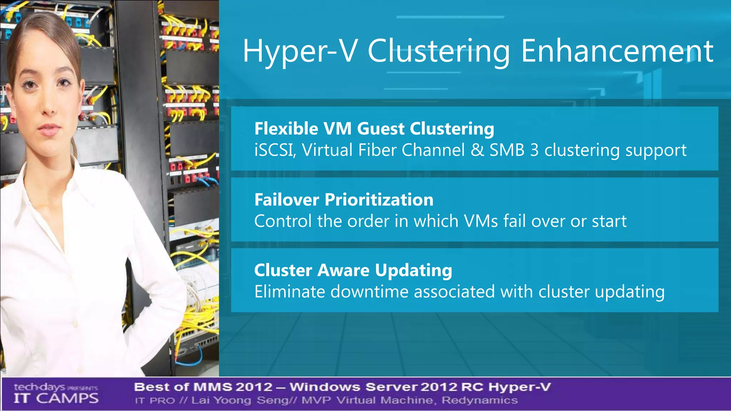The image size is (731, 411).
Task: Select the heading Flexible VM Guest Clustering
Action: [374, 129]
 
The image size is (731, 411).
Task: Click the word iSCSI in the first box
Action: [274, 150]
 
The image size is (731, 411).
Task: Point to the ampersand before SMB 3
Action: [477, 150]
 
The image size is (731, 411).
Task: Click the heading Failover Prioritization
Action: [344, 200]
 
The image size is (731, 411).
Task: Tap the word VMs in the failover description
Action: [481, 221]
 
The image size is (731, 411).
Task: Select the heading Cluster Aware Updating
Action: [353, 270]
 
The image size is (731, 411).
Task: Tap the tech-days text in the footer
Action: [39, 387]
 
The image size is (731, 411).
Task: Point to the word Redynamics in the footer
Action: [479, 400]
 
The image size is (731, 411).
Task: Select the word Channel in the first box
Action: [433, 150]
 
